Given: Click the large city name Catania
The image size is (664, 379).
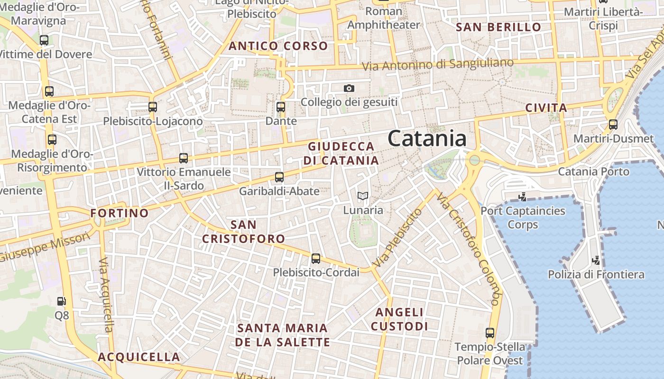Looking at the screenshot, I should [427, 138].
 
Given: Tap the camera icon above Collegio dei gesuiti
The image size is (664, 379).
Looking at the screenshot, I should [349, 88].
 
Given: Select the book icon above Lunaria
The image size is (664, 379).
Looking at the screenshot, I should [363, 196].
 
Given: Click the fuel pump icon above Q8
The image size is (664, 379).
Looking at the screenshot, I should [61, 301].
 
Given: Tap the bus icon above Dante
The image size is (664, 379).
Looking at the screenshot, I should [281, 107].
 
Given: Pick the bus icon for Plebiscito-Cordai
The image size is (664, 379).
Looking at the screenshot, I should [316, 259].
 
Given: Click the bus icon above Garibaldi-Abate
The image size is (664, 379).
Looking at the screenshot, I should [279, 177].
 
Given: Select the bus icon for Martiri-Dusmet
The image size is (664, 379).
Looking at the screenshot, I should [613, 125].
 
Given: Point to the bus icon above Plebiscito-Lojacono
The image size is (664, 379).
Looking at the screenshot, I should [153, 107].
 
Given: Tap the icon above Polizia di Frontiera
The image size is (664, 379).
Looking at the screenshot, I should [596, 260].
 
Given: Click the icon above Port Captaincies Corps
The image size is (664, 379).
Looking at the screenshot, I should [523, 197].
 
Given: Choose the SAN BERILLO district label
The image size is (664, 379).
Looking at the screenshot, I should [498, 27].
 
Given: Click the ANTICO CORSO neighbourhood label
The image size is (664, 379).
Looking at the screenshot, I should [278, 46].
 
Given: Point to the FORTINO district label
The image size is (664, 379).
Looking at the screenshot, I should [120, 213].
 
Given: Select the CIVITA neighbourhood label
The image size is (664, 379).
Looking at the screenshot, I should [546, 108].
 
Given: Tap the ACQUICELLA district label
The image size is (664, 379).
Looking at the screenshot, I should [139, 357].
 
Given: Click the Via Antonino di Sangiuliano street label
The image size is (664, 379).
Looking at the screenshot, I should [438, 64].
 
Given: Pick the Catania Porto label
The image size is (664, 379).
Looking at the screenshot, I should [593, 171].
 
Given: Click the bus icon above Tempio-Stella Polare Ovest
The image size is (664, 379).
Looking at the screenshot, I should [490, 333].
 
